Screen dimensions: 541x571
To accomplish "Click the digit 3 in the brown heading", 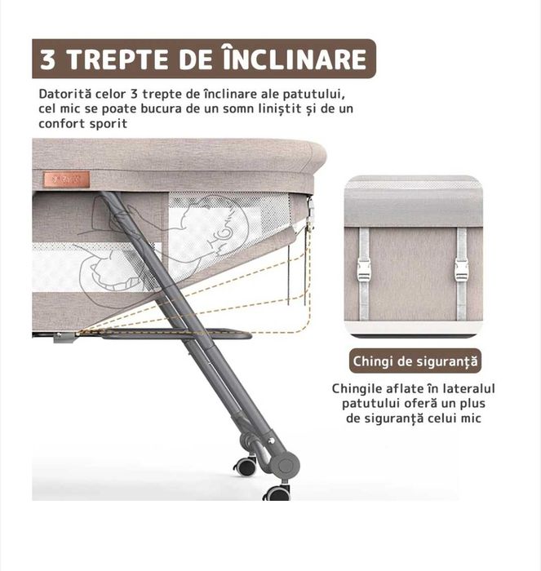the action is pos(47,60).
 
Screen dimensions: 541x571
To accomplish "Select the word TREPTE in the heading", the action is pos(118,60).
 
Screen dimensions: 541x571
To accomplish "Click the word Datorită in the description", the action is pos(64,94).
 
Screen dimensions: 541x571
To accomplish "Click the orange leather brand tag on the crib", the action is pos(66,179).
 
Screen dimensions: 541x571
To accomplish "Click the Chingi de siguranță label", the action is pos(415,361).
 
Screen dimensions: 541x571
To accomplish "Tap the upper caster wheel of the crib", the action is pos(246,466).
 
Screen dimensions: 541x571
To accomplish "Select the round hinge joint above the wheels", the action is pos(286,466).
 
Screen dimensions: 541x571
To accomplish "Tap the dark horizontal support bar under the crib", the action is pos(175,334).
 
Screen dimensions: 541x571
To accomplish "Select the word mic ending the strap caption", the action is pos(472,418).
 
